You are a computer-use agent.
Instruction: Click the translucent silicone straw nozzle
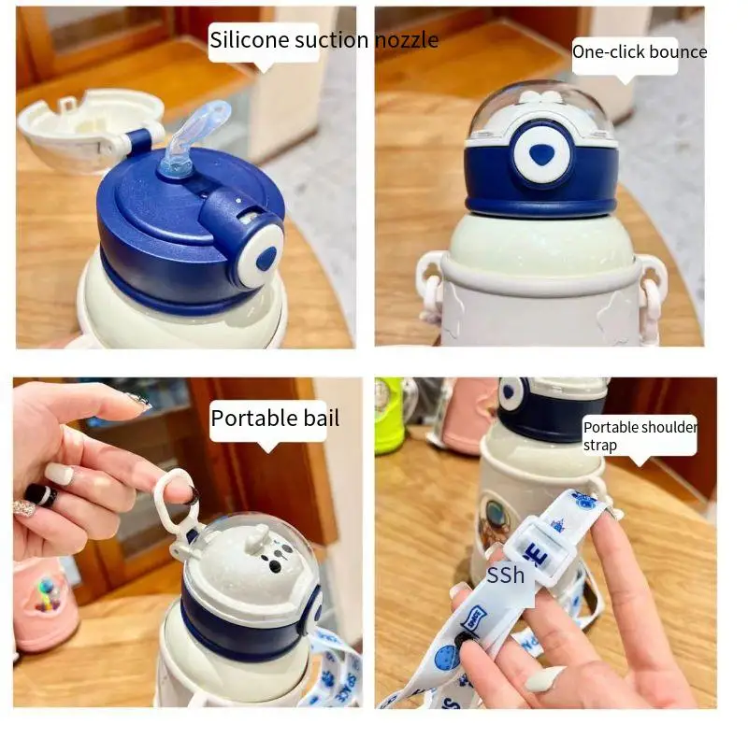click(190, 139)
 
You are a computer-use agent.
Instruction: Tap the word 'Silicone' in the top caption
click(250, 40)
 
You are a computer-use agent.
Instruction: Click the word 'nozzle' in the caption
click(406, 40)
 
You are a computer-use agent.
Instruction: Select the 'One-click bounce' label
click(640, 52)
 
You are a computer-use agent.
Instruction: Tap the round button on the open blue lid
click(263, 257)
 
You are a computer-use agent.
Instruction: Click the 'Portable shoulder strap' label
click(640, 435)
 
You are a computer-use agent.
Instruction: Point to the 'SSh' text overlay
click(505, 575)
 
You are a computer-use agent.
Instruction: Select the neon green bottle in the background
click(388, 417)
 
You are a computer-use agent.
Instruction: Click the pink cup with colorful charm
click(41, 604)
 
